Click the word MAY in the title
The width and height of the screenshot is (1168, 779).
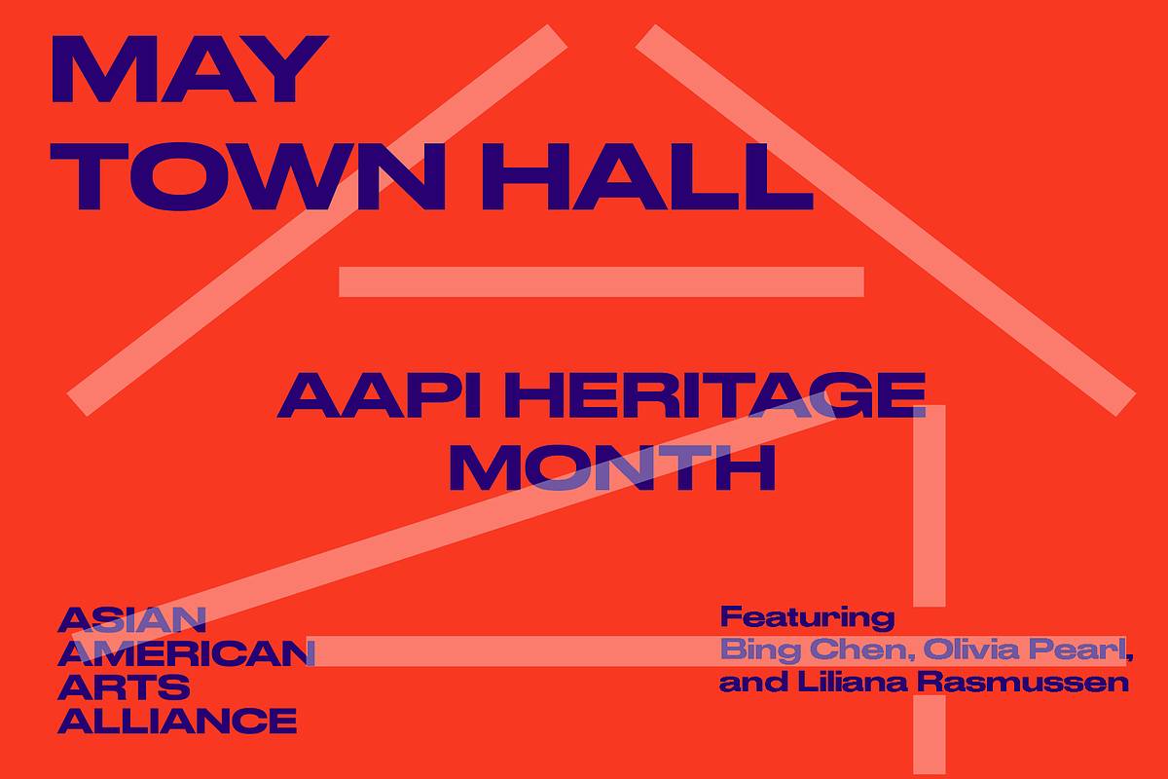click(189, 69)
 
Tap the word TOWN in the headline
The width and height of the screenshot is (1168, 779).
click(247, 176)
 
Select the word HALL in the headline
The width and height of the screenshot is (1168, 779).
click(648, 176)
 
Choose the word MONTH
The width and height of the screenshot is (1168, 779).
click(612, 468)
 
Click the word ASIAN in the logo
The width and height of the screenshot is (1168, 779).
click(132, 620)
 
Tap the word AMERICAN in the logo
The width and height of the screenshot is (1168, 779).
click(186, 653)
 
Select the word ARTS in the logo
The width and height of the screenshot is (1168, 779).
click(125, 686)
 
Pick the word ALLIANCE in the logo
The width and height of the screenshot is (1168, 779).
click(177, 721)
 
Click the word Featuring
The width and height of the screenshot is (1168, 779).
click(807, 618)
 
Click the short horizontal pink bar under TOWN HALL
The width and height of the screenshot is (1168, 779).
click(602, 281)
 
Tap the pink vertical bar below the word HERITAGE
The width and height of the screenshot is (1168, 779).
click(930, 505)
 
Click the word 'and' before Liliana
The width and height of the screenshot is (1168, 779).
click(753, 683)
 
